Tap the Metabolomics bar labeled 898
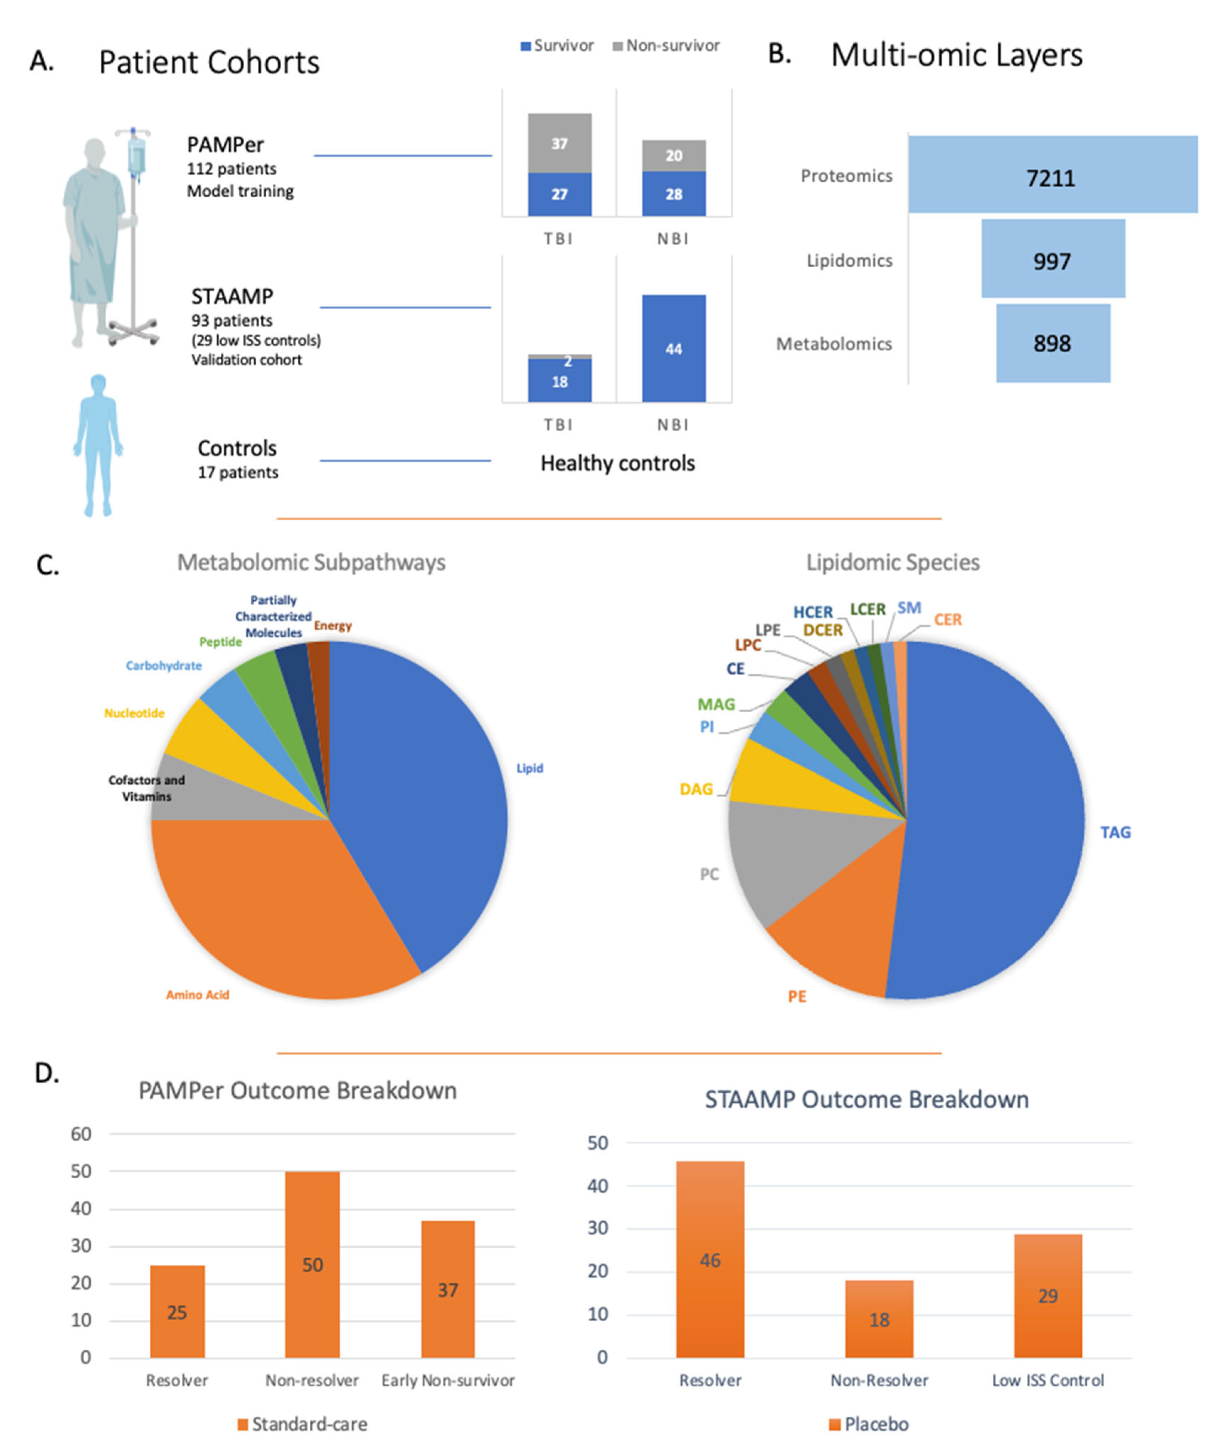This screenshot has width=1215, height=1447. (1053, 343)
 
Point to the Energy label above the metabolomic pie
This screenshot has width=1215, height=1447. (333, 626)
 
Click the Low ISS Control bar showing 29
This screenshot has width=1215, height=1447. (1048, 1296)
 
